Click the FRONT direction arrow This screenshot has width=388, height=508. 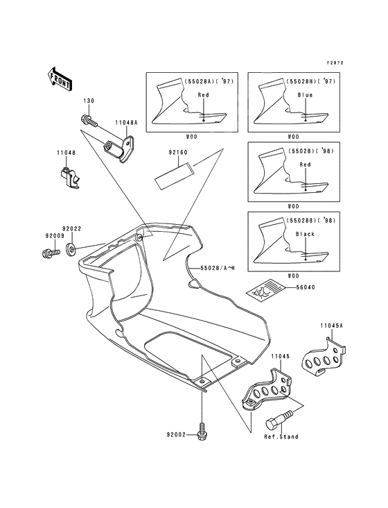click(x=60, y=78)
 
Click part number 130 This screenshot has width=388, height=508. click(x=89, y=101)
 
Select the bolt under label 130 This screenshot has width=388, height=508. click(x=89, y=121)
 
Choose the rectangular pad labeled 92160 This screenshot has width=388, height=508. click(x=173, y=176)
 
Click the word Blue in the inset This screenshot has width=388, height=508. click(x=305, y=95)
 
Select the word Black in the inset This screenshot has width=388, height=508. click(x=305, y=234)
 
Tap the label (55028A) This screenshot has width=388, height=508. click(x=199, y=81)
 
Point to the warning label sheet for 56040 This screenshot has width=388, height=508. click(x=265, y=288)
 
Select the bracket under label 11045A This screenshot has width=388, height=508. click(x=324, y=357)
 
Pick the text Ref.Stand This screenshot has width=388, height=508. click(x=281, y=437)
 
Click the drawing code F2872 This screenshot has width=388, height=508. click(x=335, y=63)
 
